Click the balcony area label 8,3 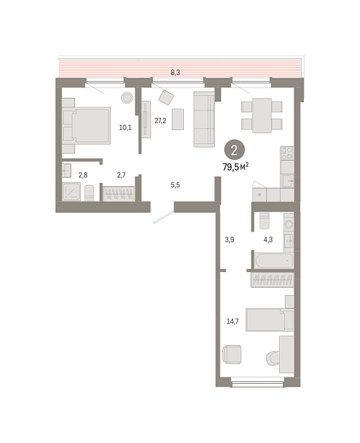[175, 73]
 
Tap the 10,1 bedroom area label [125, 127]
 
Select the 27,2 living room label [160, 121]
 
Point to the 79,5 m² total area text [236, 167]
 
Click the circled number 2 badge [234, 151]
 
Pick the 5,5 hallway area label [175, 185]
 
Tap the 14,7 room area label [232, 321]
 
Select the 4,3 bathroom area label [268, 240]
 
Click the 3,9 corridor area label [229, 240]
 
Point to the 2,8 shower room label [83, 175]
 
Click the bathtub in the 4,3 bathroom [273, 260]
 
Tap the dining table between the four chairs [262, 115]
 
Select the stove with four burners [287, 153]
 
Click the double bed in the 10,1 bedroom [87, 126]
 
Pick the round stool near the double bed [127, 98]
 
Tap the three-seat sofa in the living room [204, 119]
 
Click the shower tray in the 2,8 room [71, 192]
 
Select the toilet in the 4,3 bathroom [265, 221]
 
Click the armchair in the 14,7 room [232, 354]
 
